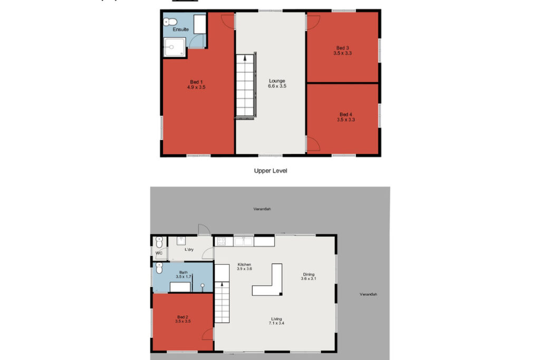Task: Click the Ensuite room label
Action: (180, 30)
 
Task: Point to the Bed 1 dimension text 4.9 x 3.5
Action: (196, 87)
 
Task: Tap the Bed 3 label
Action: (343, 47)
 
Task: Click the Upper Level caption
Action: (271, 171)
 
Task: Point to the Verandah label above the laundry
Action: (262, 209)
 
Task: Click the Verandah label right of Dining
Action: (368, 294)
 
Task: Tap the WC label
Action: (158, 253)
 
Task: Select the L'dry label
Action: (189, 250)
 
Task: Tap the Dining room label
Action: (308, 274)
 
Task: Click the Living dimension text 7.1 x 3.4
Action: (276, 324)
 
